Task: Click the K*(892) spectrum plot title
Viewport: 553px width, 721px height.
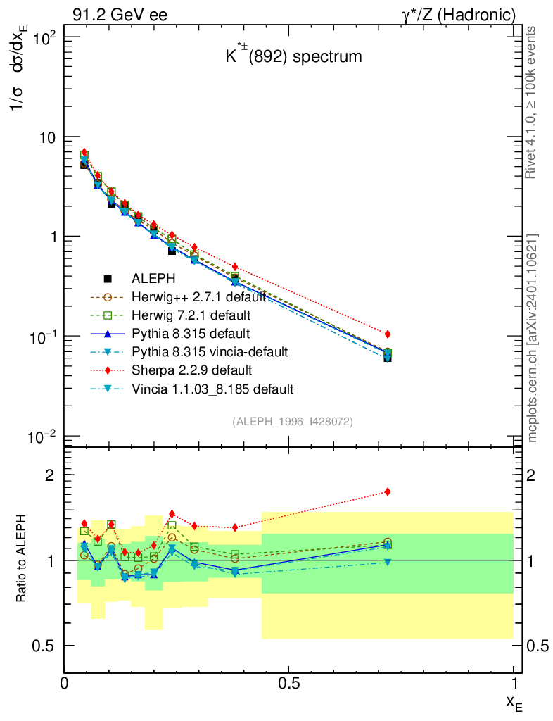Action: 293,56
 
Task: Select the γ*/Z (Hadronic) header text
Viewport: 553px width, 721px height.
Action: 458,15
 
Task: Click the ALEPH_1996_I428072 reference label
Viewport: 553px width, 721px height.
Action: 293,421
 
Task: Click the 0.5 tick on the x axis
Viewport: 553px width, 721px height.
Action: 289,682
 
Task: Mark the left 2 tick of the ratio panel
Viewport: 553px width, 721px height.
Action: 50,475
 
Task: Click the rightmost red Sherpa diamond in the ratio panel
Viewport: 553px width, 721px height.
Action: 388,491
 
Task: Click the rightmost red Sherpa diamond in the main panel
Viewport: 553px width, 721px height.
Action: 388,334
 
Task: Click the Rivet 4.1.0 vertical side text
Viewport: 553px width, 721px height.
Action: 531,103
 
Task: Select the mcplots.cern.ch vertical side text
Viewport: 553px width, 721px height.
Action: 533,338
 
